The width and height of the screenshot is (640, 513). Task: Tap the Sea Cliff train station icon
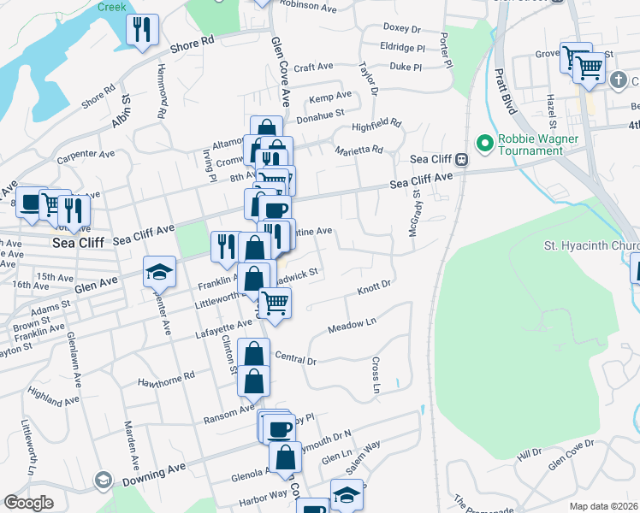point(461,159)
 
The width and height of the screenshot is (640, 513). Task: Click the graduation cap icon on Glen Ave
point(159,272)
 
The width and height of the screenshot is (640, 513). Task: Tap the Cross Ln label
point(376,377)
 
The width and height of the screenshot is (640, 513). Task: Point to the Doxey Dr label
point(403,28)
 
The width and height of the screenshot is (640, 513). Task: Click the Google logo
point(28,503)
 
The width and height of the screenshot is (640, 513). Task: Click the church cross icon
point(619,80)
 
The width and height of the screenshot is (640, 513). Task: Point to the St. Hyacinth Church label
point(591,246)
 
